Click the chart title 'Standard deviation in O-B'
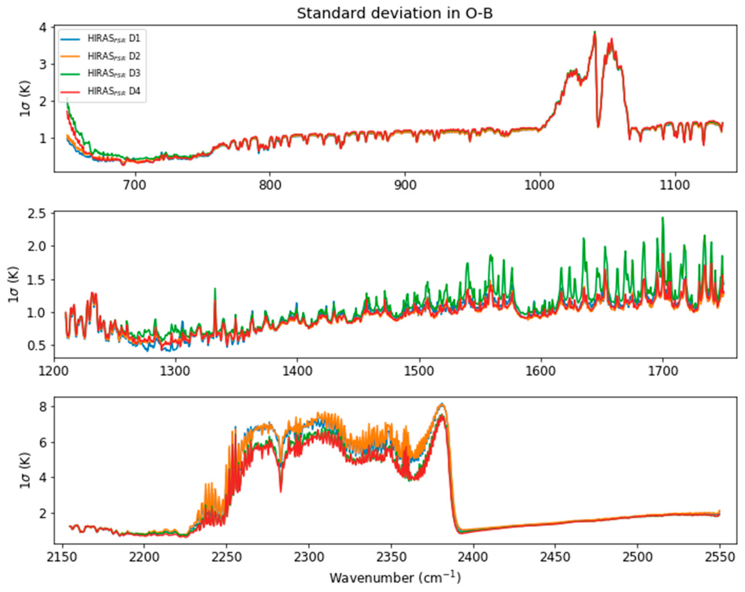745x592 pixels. pos(395,14)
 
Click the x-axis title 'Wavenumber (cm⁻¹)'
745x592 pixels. pos(395,578)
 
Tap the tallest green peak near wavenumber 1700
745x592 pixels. pos(662,218)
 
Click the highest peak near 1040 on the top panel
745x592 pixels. pos(595,32)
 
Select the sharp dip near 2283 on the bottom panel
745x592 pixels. pos(281,491)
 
